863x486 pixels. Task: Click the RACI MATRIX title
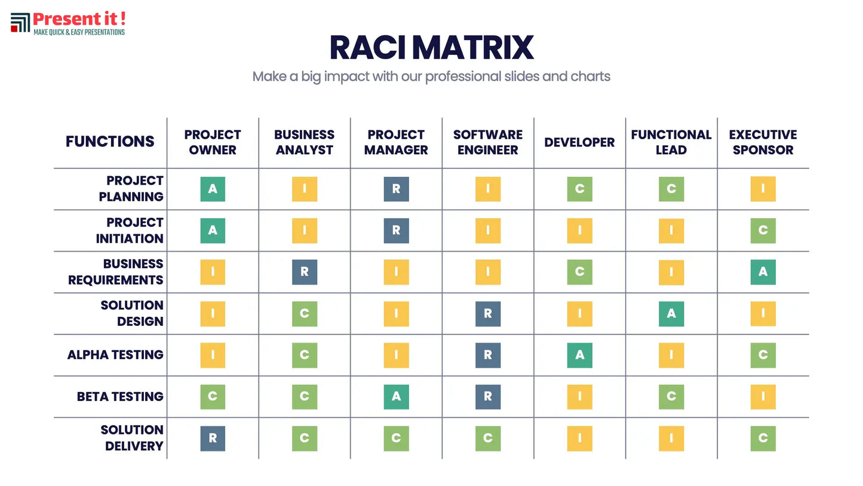tap(431, 48)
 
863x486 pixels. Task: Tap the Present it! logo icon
tap(20, 23)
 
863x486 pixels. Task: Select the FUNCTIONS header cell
tap(110, 142)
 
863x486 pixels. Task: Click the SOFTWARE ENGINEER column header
tap(487, 142)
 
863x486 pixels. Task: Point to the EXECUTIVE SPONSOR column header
tap(763, 142)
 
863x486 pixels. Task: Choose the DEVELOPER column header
tap(579, 142)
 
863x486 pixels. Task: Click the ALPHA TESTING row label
tap(115, 354)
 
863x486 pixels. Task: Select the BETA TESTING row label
tap(120, 396)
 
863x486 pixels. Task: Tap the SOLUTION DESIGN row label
tap(131, 313)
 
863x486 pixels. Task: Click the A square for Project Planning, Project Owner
tap(213, 189)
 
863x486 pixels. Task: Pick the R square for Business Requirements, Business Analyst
tap(305, 272)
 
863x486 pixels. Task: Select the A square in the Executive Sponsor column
tap(763, 272)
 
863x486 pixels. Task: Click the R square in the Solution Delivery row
tap(213, 438)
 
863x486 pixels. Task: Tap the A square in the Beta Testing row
tap(396, 396)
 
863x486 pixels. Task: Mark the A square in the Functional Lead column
tap(671, 313)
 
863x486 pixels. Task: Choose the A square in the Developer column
tap(579, 355)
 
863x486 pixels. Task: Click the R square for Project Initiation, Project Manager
tap(396, 230)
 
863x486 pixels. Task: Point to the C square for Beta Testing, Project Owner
tap(213, 396)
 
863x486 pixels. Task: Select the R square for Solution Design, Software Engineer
tap(488, 313)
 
